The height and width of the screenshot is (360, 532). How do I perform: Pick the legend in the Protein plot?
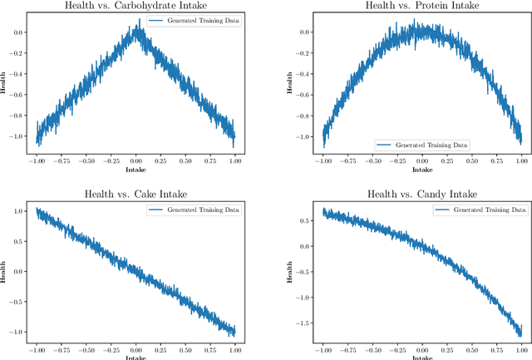click(x=421, y=145)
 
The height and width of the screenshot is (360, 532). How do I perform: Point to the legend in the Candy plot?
click(x=480, y=210)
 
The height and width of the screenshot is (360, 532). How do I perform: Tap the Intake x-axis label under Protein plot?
click(x=421, y=169)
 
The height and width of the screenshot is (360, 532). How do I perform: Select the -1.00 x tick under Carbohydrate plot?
click(x=37, y=158)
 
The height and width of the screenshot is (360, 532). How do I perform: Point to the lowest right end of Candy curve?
click(x=520, y=335)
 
